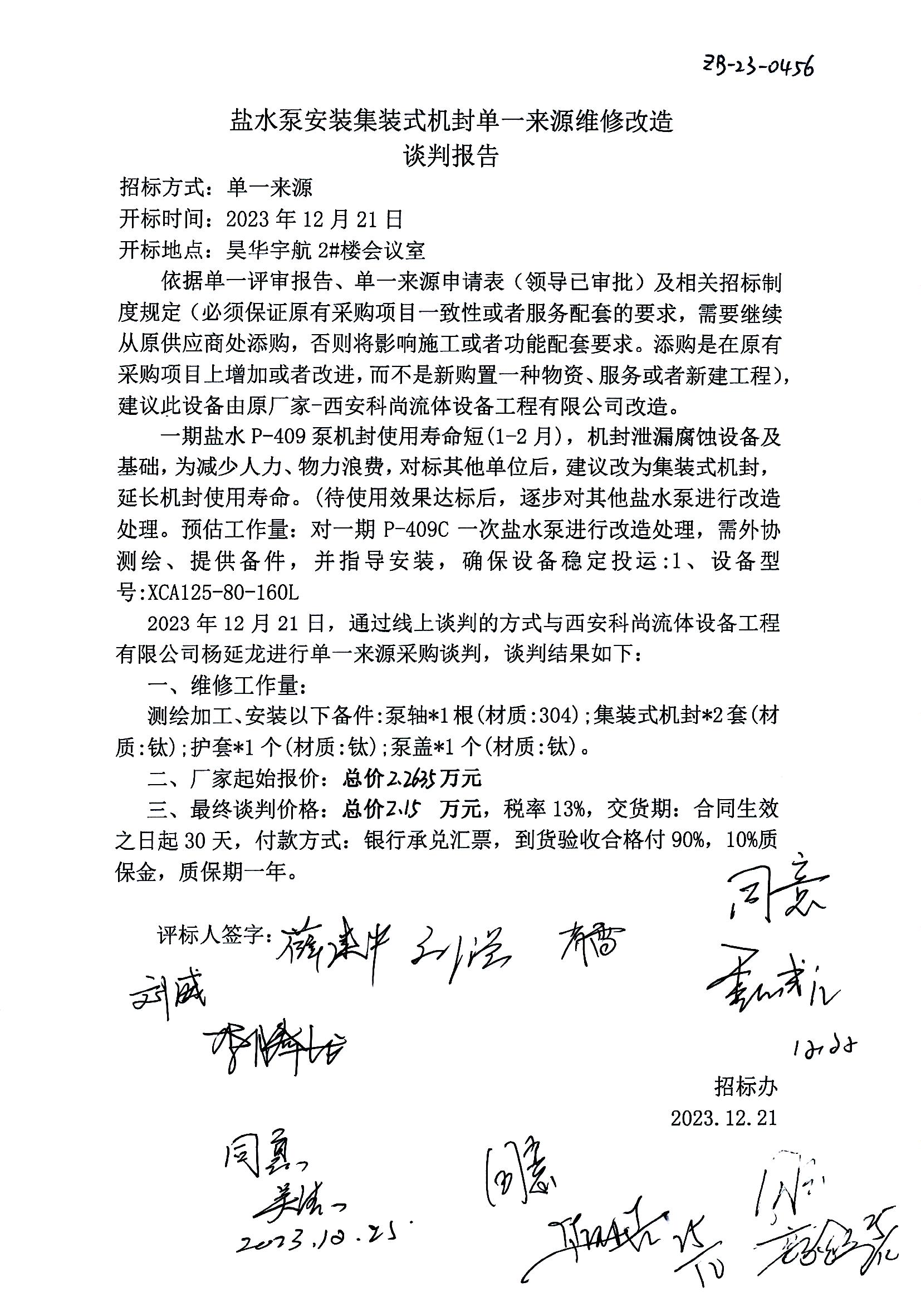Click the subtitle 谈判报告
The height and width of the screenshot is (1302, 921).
pos(450,156)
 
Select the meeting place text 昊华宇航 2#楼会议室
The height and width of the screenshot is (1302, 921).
pos(326,249)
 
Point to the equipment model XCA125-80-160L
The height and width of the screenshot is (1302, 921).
pos(223,593)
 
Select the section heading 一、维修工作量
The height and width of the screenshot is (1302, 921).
pos(227,686)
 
